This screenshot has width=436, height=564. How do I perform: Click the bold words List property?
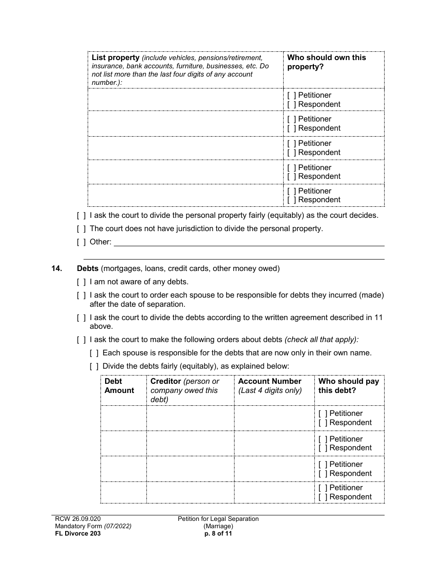tap(115, 58)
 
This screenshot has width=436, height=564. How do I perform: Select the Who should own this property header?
tap(326, 62)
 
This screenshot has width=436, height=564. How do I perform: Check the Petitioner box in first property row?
tap(291, 95)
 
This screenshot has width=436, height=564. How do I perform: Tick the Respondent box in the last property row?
tap(291, 200)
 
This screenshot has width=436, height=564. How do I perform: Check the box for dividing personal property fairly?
tap(81, 215)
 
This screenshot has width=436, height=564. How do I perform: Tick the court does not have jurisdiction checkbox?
tap(81, 228)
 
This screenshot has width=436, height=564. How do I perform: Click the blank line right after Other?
tap(248, 242)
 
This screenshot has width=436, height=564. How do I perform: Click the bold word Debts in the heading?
tap(88, 269)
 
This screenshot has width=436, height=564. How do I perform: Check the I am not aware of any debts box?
tap(81, 282)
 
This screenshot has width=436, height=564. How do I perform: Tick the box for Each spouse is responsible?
tap(94, 353)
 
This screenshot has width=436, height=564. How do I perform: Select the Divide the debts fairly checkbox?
tap(94, 366)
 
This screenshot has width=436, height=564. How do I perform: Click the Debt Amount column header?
tap(119, 386)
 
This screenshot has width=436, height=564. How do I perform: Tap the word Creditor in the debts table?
tap(166, 382)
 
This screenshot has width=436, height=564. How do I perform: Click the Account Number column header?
tap(270, 382)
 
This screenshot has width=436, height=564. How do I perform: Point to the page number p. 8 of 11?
tap(218, 534)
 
